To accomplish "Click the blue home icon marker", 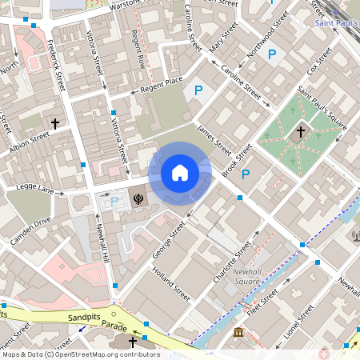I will point(180,173).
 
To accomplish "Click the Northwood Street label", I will point(269,34).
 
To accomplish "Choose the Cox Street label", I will point(319,58).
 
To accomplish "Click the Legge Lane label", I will point(34,190).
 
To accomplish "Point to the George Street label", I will point(169,239).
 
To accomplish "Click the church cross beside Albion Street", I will point(55,124).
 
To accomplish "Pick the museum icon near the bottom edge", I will point(238,333).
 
